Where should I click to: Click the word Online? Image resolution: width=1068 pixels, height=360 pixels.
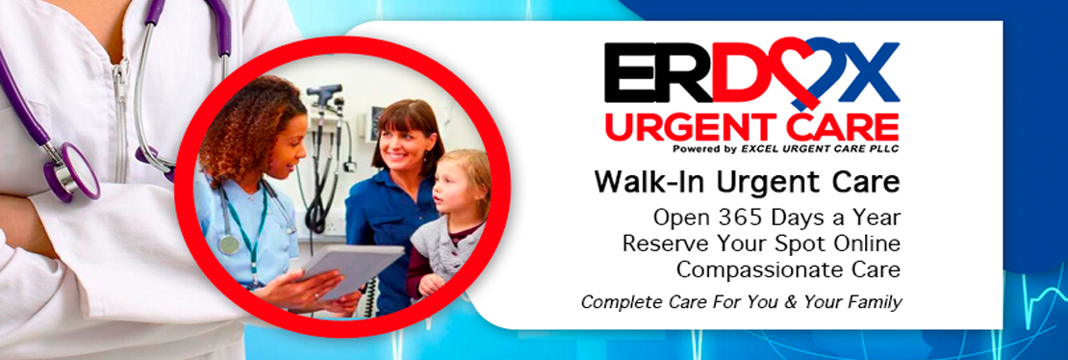pyautogui.click(x=869, y=244)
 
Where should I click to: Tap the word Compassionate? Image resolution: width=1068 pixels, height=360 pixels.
pyautogui.click(x=766, y=270)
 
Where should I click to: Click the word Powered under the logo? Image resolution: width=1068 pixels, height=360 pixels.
pyautogui.click(x=693, y=148)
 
